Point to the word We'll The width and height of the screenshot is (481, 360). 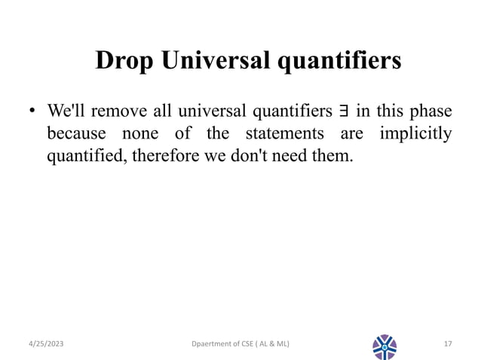coord(67,111)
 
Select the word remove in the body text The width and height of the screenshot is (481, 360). coord(121,111)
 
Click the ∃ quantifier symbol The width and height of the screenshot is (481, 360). coord(344,111)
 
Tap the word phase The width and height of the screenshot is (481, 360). coord(432,111)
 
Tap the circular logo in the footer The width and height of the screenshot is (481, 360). coord(384,346)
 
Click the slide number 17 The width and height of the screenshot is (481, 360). coord(447,344)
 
